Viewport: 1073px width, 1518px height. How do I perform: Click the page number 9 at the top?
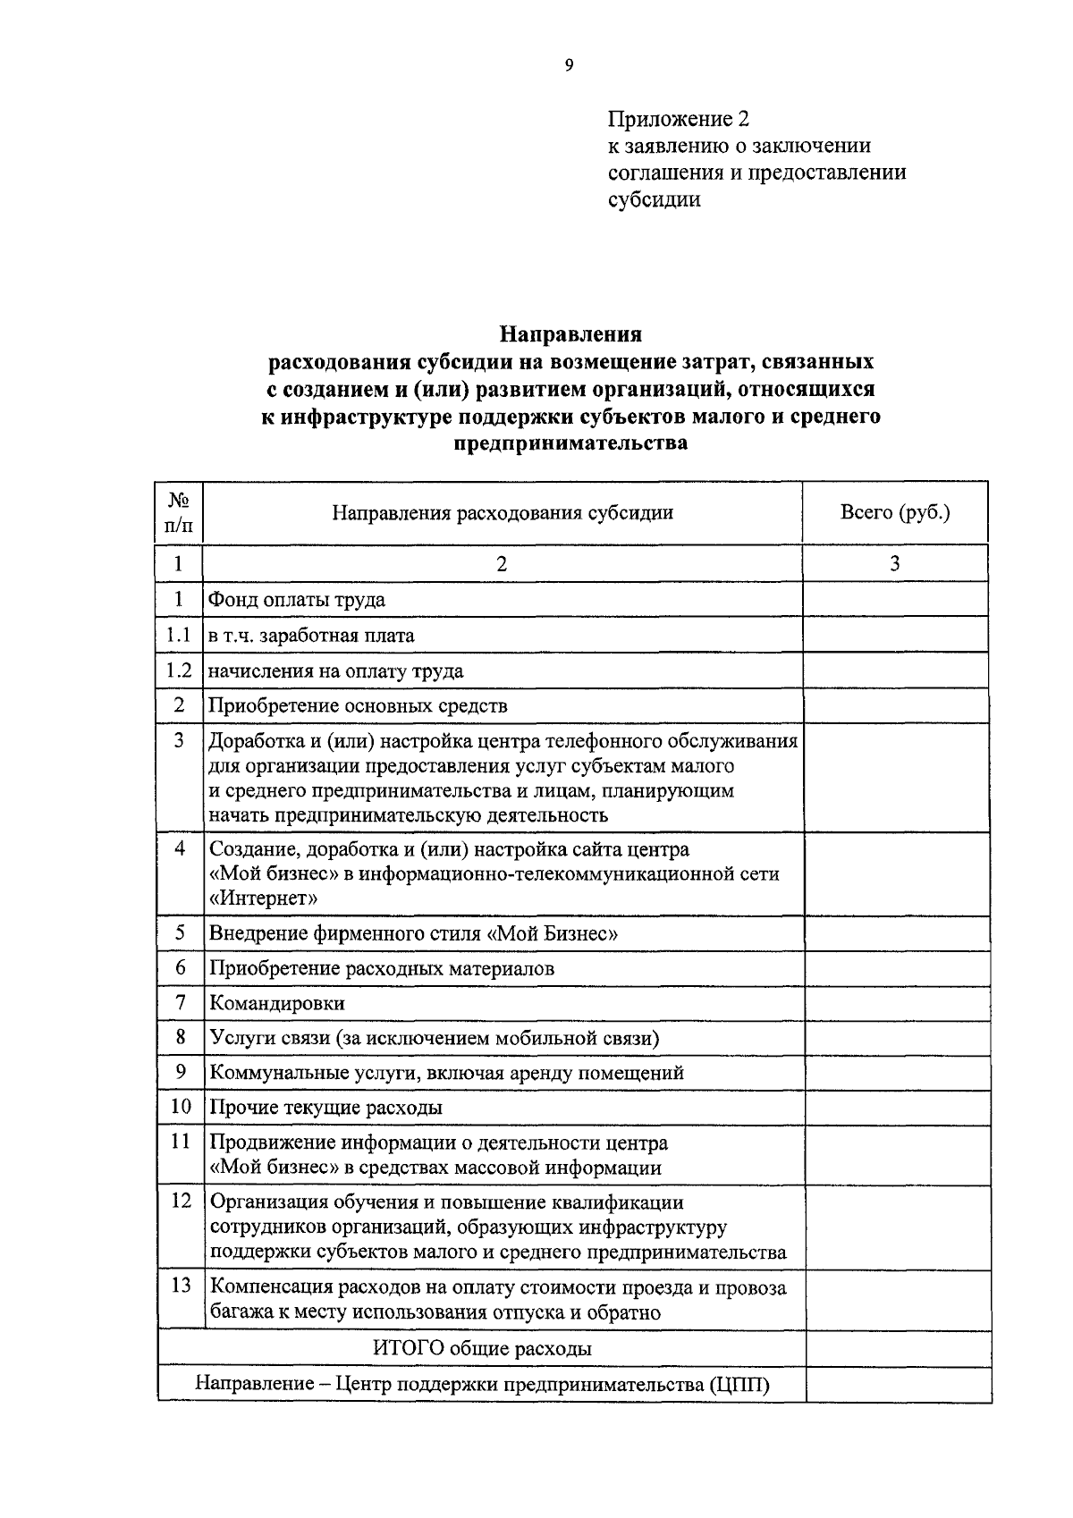pos(569,64)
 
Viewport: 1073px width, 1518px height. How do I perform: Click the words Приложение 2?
pos(678,119)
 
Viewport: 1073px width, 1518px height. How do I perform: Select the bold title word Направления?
pos(570,334)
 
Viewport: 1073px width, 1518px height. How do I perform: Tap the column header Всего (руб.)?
pos(895,512)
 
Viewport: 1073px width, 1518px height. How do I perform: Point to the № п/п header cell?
pos(179,513)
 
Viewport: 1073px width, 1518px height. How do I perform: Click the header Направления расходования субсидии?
pos(503,513)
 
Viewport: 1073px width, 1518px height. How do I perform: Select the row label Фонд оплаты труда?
pos(297,600)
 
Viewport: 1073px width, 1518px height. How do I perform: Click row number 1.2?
pos(179,670)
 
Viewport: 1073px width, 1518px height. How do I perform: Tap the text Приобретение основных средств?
pos(358,706)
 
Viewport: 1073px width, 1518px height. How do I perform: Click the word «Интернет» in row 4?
pos(263,898)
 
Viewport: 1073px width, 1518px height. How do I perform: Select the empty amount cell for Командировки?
pos(897,1004)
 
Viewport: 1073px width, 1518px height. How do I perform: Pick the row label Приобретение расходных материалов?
pos(382,969)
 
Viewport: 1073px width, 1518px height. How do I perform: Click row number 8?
pos(180,1037)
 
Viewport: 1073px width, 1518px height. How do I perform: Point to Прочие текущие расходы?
pos(325,1109)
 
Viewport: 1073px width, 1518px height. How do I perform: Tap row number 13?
pos(181,1286)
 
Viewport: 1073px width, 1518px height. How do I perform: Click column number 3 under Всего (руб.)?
pos(894,563)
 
